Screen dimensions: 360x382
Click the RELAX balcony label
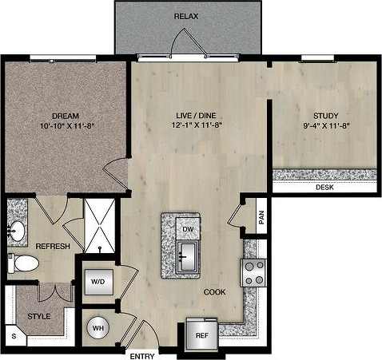point(187,16)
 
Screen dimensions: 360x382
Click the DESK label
point(324,188)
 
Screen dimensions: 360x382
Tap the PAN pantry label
point(261,217)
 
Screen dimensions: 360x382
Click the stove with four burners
point(254,273)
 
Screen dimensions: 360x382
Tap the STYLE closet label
point(38,317)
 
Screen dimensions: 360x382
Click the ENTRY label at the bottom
point(144,354)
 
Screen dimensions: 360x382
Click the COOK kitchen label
point(213,292)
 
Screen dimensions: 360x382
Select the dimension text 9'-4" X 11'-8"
point(326,125)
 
